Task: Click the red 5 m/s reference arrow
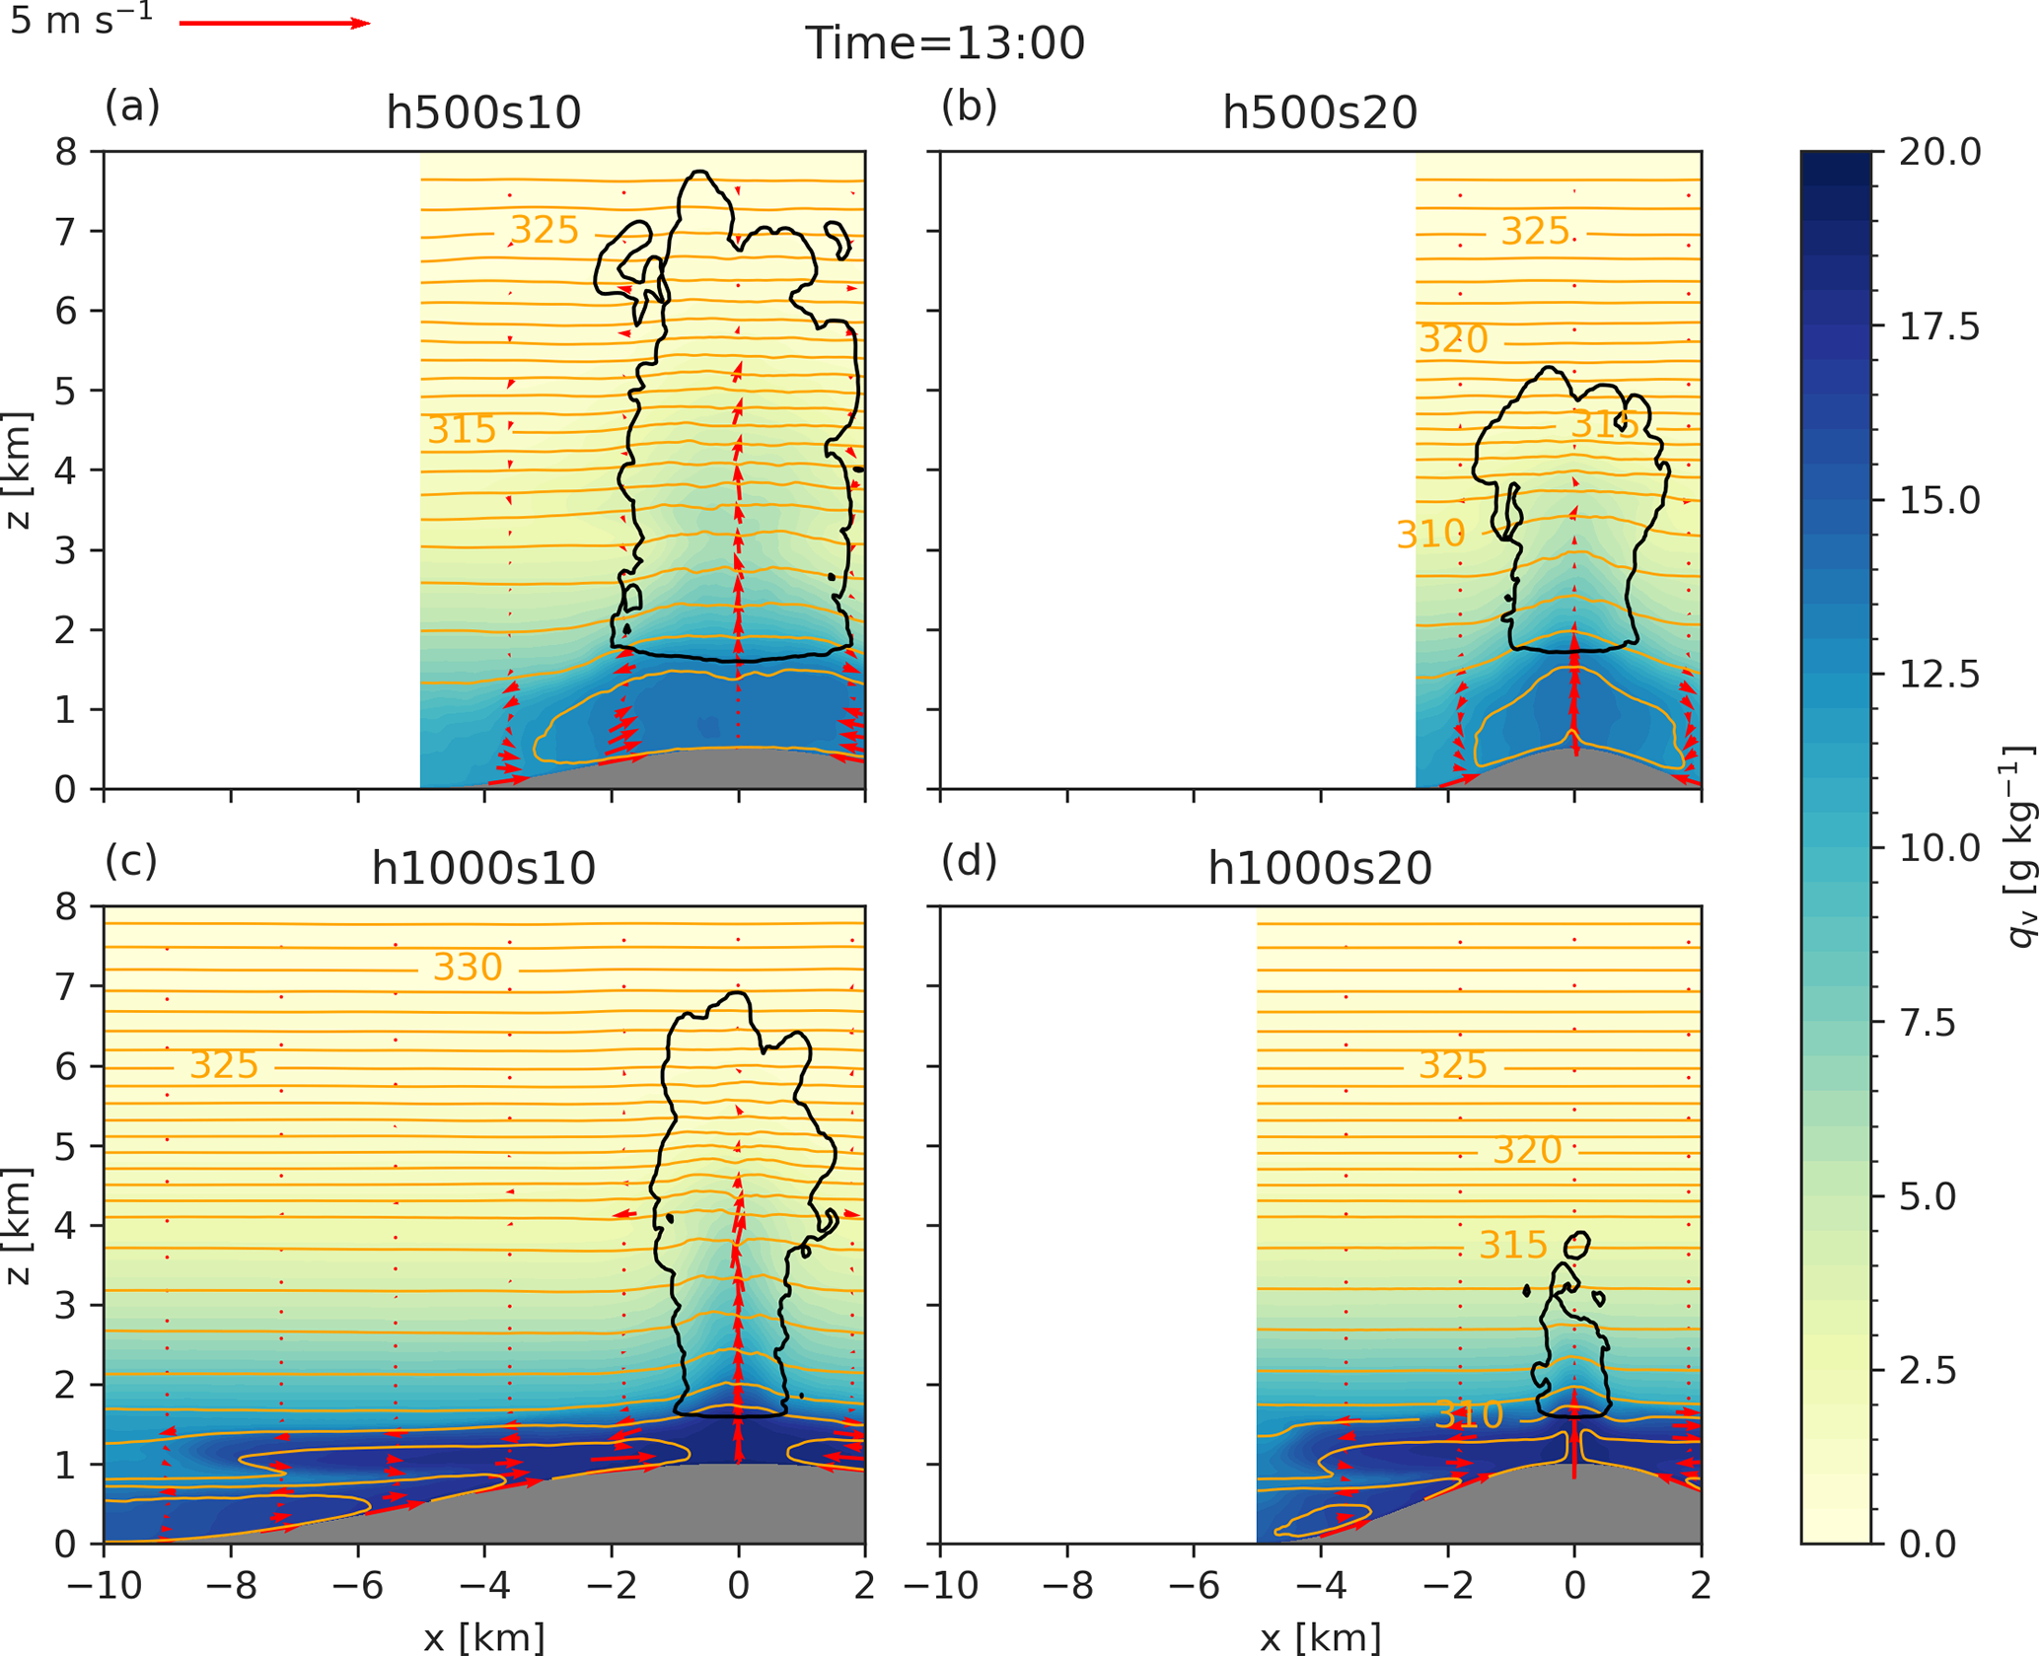273,23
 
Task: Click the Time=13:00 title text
945,43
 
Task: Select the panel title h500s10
483,112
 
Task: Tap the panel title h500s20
1320,112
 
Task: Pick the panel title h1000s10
483,869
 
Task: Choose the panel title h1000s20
1320,869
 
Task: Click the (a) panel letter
132,106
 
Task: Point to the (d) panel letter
969,861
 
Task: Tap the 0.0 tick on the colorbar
1927,1544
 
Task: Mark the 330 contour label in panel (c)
469,968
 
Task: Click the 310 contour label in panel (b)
1430,535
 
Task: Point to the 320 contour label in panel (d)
1527,1150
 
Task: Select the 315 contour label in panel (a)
462,430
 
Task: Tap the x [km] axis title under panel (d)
1320,1637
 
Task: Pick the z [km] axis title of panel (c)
19,1226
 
